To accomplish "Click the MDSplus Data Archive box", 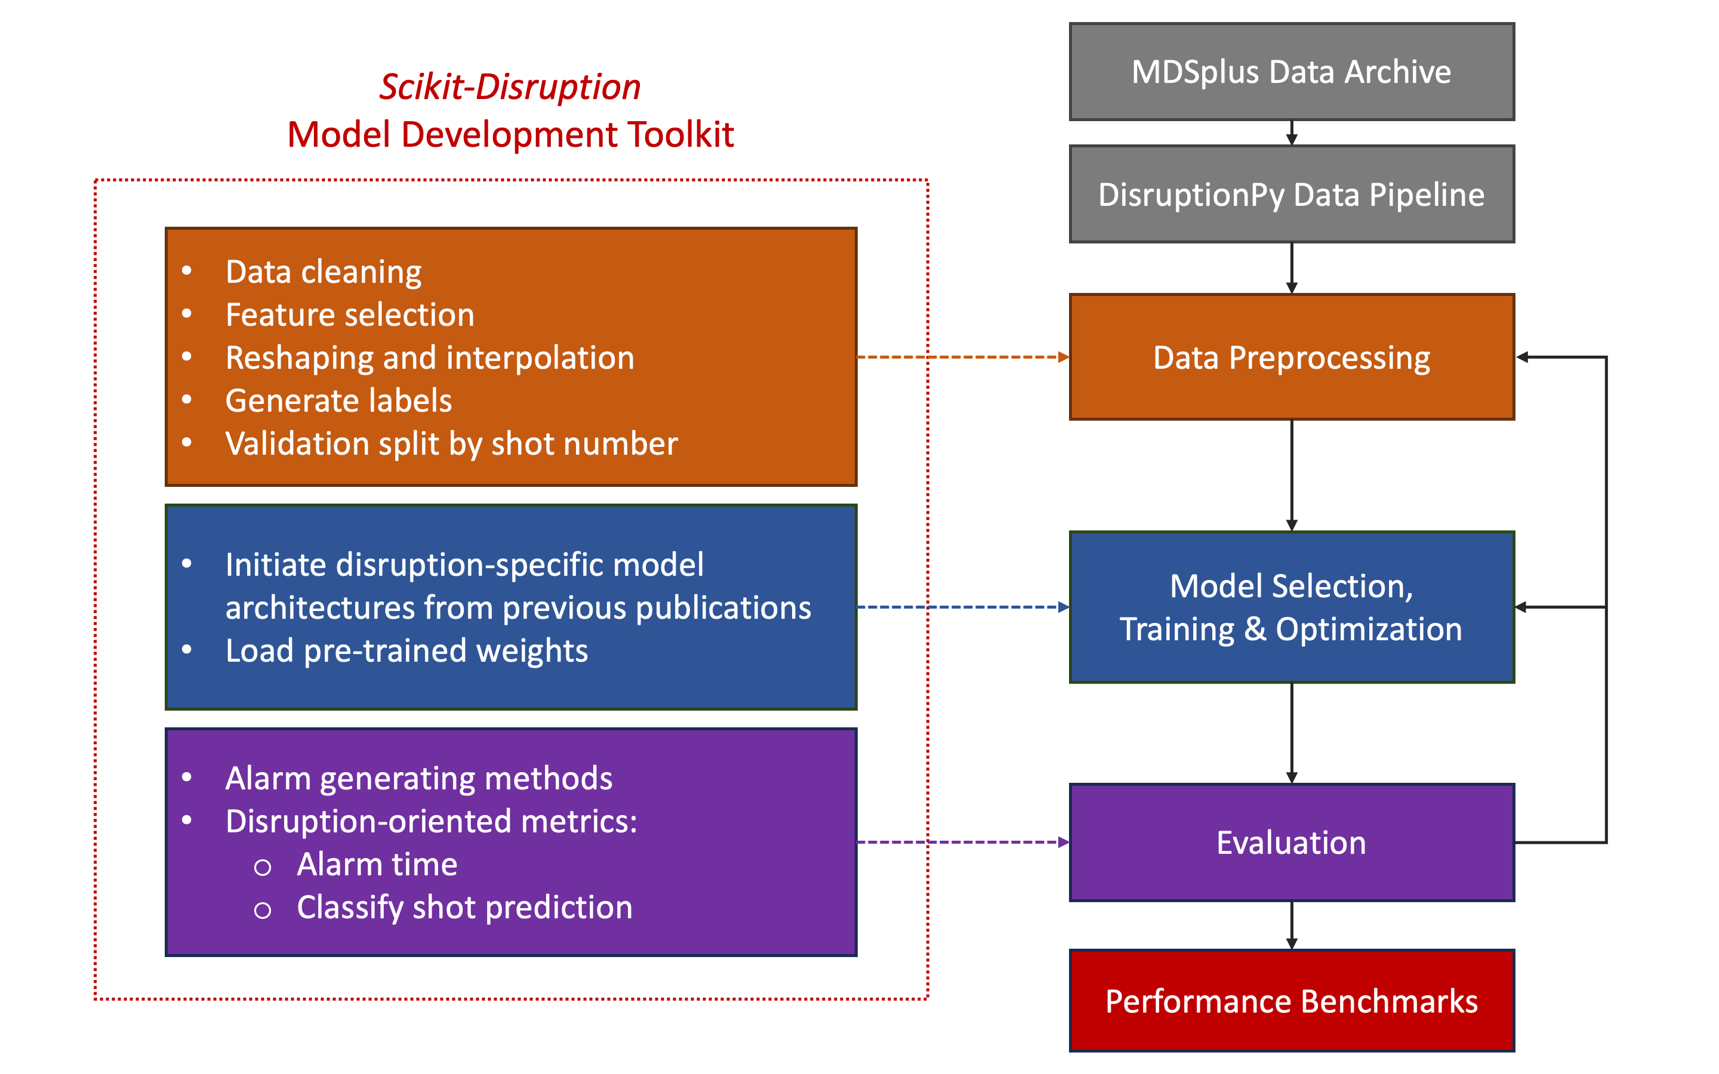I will pyautogui.click(x=1292, y=72).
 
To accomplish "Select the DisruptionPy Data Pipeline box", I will pyautogui.click(x=1292, y=195).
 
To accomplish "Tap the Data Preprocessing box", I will pyautogui.click(x=1292, y=357).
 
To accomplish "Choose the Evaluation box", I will pyautogui.click(x=1292, y=842).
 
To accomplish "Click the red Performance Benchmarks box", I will pyautogui.click(x=1292, y=1001).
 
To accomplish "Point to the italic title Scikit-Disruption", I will pyautogui.click(x=509, y=87).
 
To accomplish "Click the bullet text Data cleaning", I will pyautogui.click(x=323, y=272).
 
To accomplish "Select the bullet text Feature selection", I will pyautogui.click(x=350, y=314).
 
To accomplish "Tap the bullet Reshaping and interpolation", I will pyautogui.click(x=430, y=358).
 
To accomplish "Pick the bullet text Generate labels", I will pyautogui.click(x=338, y=400).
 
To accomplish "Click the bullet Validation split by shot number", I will pyautogui.click(x=451, y=444).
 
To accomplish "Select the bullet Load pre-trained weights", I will pyautogui.click(x=406, y=650).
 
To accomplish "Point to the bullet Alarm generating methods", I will pyautogui.click(x=418, y=779).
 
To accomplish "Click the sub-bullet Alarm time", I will pyautogui.click(x=377, y=865).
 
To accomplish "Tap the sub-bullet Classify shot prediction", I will pyautogui.click(x=464, y=908).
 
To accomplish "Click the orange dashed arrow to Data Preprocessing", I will pyautogui.click(x=963, y=357).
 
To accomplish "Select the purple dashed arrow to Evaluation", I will pyautogui.click(x=963, y=842).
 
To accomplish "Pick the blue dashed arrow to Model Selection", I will pyautogui.click(x=963, y=607).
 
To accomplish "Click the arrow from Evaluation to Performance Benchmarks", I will pyautogui.click(x=1292, y=925).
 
